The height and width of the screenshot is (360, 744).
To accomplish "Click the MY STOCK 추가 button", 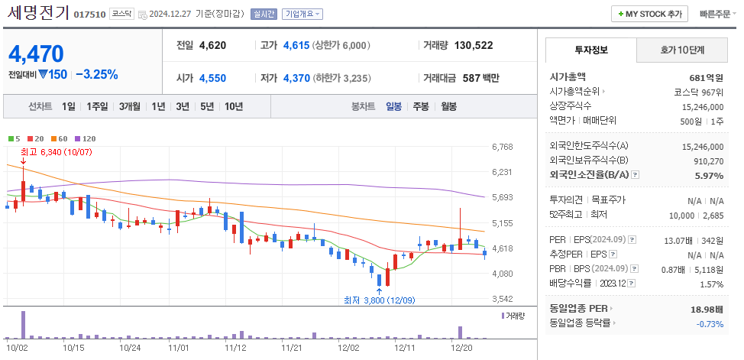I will point(649,14).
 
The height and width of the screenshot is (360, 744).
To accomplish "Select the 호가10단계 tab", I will point(682,50).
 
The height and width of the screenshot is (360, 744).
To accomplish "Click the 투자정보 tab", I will point(590,50).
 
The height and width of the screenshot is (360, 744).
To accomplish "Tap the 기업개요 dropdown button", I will point(302,14).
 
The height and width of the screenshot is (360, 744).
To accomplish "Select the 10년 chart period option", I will point(233,106).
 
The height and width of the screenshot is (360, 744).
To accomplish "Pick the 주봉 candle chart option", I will point(421,106).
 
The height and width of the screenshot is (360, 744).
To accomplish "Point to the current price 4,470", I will point(36,54).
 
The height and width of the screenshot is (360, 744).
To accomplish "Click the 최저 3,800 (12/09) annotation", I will point(379,300).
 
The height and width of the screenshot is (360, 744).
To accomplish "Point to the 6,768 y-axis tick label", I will point(502,147).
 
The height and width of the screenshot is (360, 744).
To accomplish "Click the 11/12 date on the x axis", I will point(235,347).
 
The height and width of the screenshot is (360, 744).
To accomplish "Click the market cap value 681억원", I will point(706,77).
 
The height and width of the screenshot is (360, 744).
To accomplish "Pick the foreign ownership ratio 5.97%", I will point(709,175).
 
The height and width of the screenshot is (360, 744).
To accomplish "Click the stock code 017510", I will point(89,15).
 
